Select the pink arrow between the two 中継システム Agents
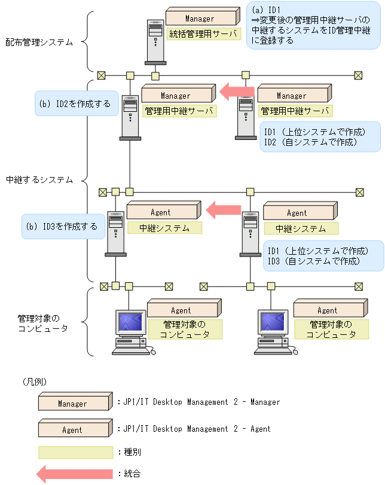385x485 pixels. tap(224, 210)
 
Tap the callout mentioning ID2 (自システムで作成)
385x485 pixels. tap(322, 137)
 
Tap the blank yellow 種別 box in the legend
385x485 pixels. tap(75, 452)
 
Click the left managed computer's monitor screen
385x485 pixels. tap(129, 324)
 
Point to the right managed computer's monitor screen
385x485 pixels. tap(274, 324)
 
